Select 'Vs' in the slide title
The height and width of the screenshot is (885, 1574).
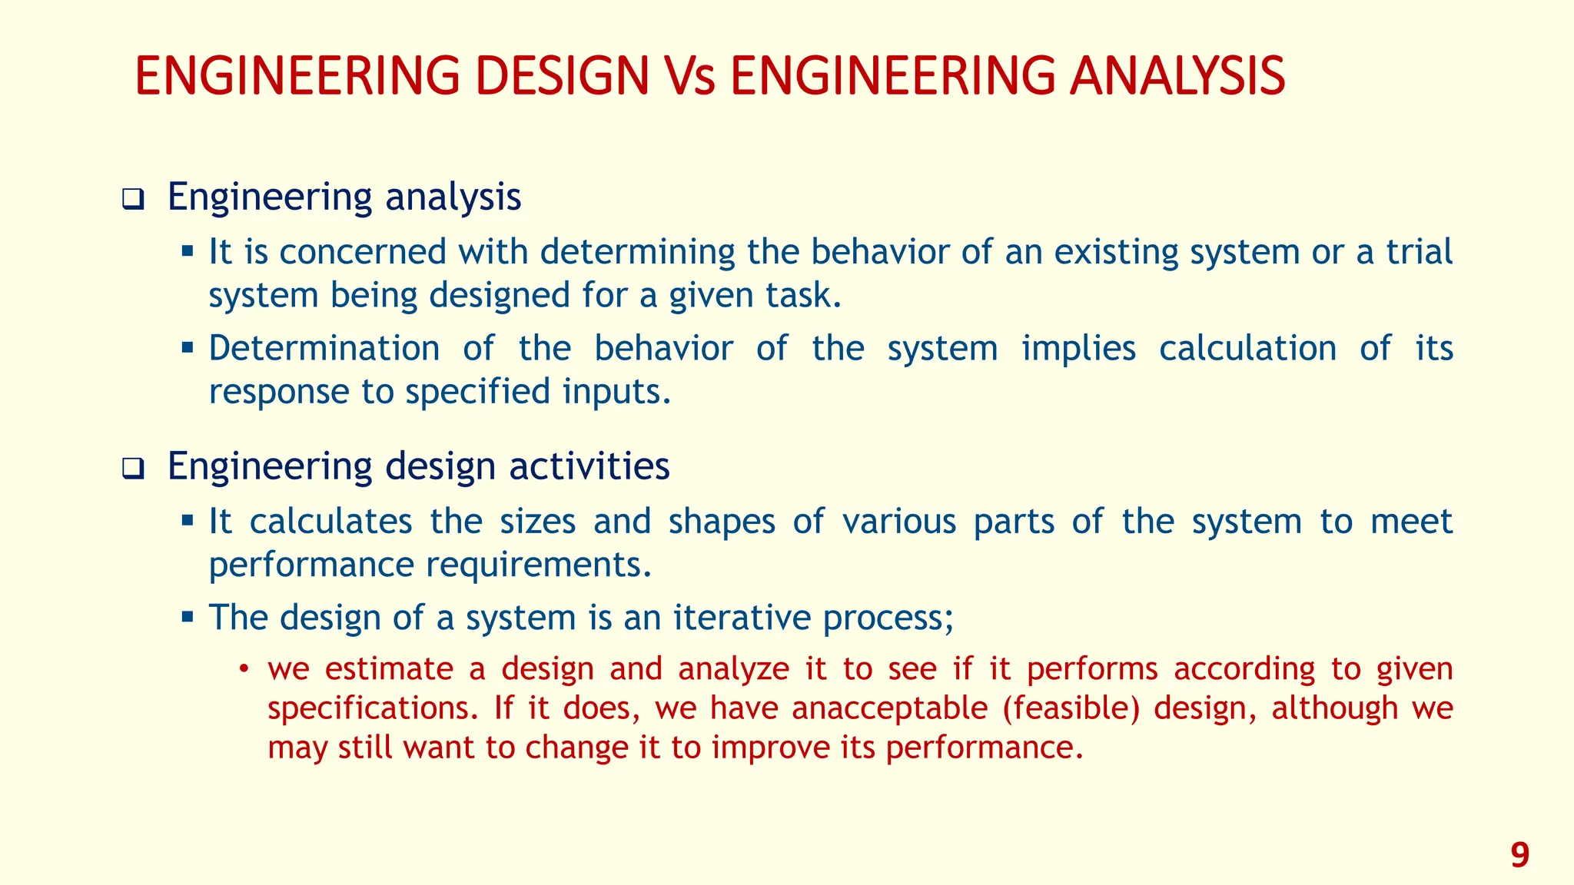pos(689,77)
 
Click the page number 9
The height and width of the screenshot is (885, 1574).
pos(1519,855)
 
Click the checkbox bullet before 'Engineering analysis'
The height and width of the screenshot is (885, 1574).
pos(133,201)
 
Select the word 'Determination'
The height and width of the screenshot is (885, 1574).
pos(324,348)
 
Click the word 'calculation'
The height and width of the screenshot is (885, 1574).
pos(1247,348)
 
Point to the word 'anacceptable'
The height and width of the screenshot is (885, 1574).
pos(889,708)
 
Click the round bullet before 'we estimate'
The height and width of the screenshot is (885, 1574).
pos(244,669)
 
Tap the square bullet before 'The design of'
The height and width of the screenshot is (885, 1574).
pos(188,616)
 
